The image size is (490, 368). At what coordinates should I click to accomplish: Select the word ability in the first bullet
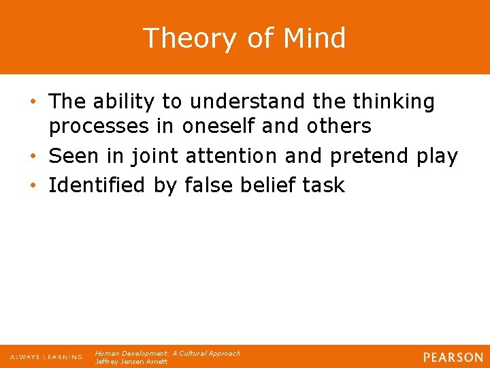tap(122, 102)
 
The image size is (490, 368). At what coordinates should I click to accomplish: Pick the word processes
tap(95, 126)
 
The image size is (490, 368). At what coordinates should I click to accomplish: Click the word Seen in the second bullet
tap(73, 156)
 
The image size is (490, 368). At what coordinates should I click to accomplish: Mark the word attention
tap(231, 156)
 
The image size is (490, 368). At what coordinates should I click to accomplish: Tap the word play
tap(437, 156)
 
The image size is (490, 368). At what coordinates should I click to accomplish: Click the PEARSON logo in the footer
tap(452, 357)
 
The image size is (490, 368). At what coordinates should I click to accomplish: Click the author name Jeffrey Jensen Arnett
tap(131, 362)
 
